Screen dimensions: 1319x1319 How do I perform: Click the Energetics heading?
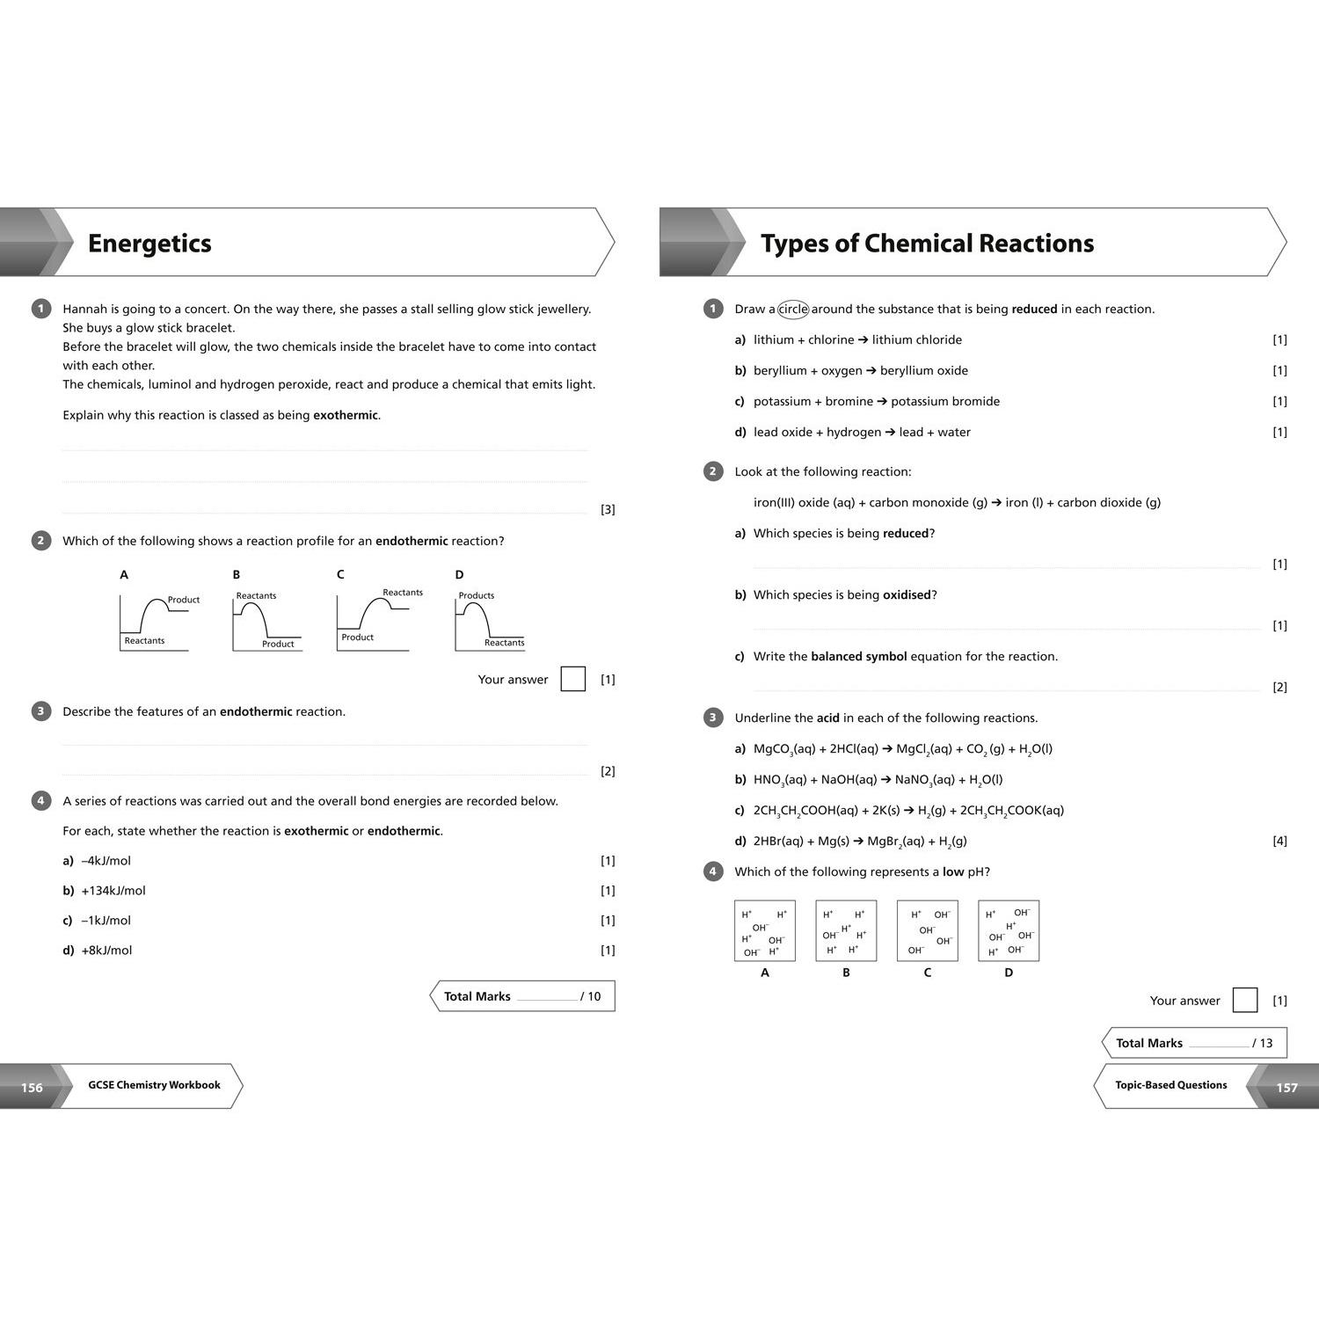149,244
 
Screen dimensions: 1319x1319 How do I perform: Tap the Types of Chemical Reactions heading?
927,244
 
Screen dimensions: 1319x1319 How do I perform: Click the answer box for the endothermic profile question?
573,679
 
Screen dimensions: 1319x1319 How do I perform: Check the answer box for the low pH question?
1245,1000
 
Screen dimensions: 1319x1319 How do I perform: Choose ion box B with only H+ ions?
846,930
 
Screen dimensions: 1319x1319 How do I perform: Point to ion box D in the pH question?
1009,930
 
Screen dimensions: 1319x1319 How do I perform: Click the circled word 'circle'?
793,309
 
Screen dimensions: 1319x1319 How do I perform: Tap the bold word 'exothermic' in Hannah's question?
346,415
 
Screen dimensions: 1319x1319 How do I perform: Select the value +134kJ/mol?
113,891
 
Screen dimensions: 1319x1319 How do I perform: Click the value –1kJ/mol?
106,921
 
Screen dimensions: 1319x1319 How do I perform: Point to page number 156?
32,1088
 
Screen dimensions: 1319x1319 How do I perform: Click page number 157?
1286,1088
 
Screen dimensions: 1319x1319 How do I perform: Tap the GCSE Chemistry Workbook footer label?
154,1085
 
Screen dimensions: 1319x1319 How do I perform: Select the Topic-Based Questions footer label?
1171,1085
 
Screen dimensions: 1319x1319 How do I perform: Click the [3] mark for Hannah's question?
608,509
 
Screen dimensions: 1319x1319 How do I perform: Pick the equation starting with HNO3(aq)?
878,780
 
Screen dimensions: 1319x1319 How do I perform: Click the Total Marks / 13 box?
1194,1043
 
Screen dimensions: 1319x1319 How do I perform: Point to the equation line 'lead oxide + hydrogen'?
862,432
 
